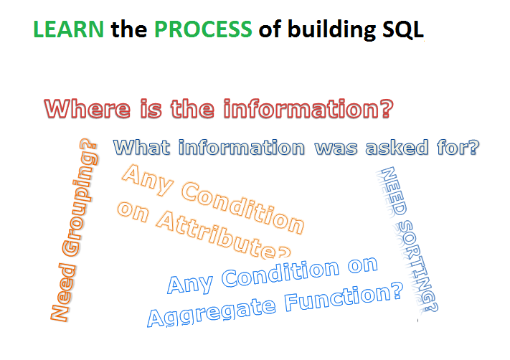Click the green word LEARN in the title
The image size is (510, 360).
68,29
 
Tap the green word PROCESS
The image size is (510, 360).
203,29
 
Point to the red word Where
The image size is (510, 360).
88,108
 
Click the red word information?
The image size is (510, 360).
308,108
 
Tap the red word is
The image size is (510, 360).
151,108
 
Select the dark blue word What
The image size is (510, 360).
141,147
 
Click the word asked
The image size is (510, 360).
397,147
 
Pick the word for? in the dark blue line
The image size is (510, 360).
458,147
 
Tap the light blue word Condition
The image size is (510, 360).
280,273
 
